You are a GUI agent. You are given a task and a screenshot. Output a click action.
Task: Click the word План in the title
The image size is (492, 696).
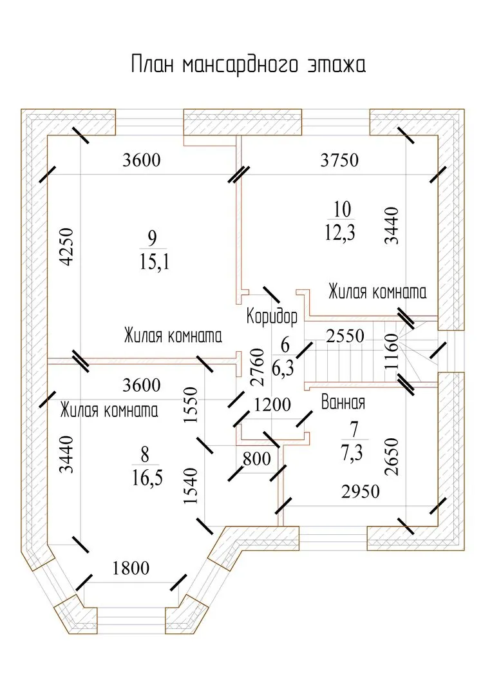[153, 66]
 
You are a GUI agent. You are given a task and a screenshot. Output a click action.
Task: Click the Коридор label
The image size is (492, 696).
[272, 317]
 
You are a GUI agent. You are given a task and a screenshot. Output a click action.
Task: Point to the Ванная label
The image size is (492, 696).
[343, 403]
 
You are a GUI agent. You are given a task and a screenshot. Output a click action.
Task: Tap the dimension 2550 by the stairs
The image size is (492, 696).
[345, 336]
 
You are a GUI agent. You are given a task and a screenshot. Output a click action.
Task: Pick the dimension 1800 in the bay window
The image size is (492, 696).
[131, 568]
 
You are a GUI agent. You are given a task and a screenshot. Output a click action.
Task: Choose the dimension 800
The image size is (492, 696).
[256, 459]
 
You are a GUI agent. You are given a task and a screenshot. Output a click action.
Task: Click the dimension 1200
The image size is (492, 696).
[272, 405]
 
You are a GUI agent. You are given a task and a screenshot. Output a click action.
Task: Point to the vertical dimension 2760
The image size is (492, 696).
[257, 367]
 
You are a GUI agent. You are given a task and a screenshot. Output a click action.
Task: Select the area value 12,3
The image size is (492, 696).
[342, 231]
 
